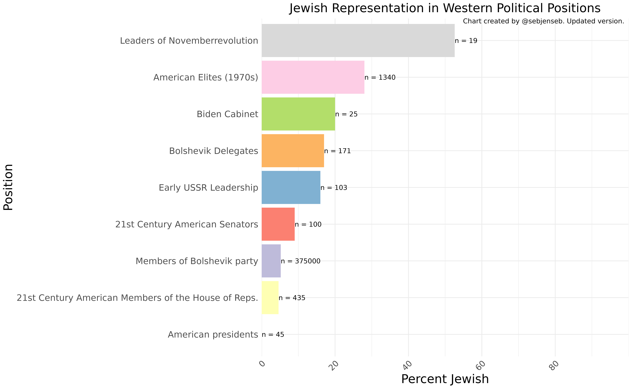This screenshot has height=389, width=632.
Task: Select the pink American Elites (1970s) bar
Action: (x=313, y=77)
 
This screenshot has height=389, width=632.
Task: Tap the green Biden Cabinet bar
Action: (x=298, y=114)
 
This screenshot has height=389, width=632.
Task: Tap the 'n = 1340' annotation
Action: (x=380, y=77)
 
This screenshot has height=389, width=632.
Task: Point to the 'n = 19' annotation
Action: (x=466, y=41)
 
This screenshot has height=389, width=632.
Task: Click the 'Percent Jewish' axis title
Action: (x=445, y=379)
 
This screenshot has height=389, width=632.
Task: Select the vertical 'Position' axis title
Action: (x=8, y=187)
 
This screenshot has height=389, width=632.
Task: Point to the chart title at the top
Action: (x=445, y=8)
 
